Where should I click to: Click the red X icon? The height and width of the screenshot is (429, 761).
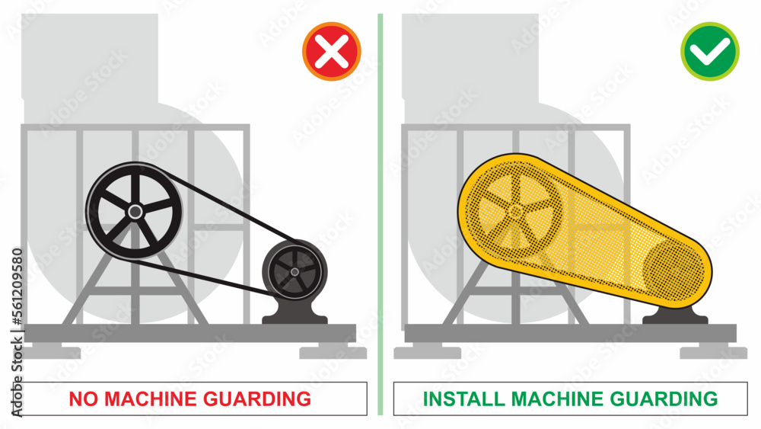click(331, 53)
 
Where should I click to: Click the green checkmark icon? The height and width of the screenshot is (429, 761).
click(709, 51)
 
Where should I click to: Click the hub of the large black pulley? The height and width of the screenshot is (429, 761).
click(134, 211)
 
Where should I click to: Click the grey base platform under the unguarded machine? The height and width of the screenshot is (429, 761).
click(190, 333)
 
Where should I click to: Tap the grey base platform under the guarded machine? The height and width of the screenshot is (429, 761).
click(571, 333)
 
